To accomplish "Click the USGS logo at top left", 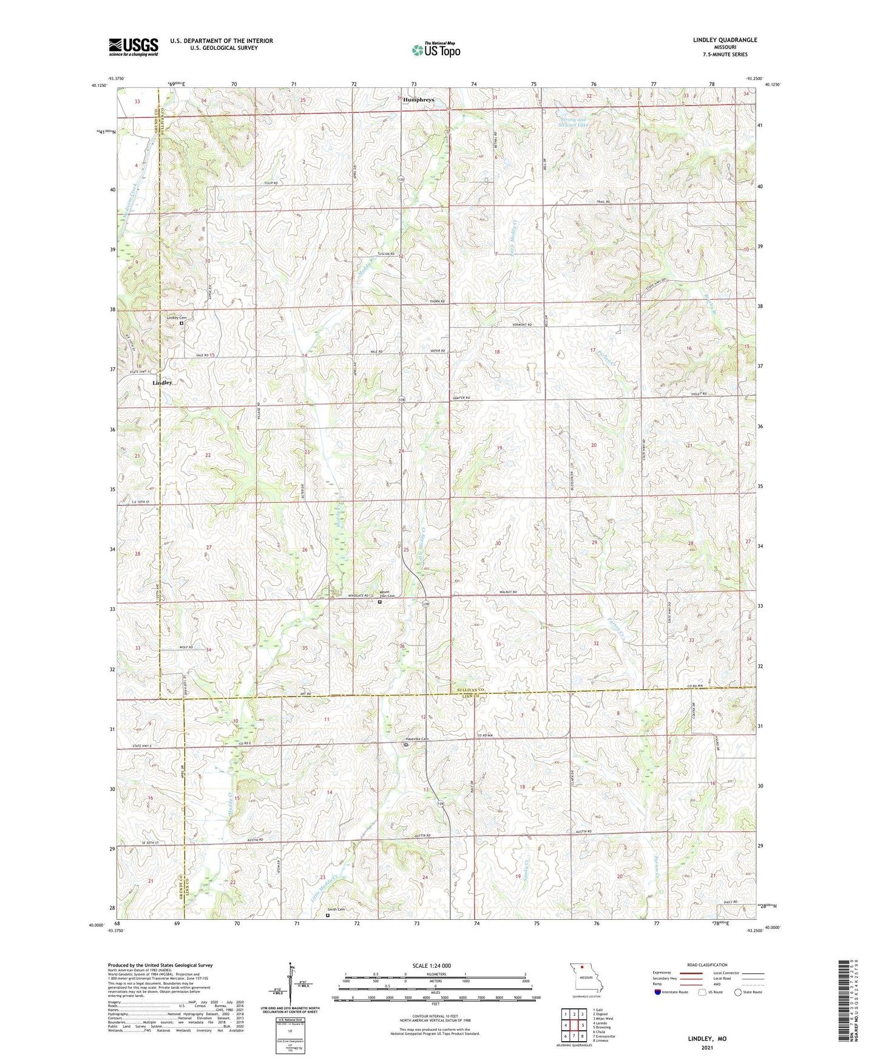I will (x=134, y=47).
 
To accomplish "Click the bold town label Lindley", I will (x=163, y=383).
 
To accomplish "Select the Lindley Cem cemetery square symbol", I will (x=181, y=324).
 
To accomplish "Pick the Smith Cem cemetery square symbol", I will (x=328, y=916).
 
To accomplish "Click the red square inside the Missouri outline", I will (x=581, y=979).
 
